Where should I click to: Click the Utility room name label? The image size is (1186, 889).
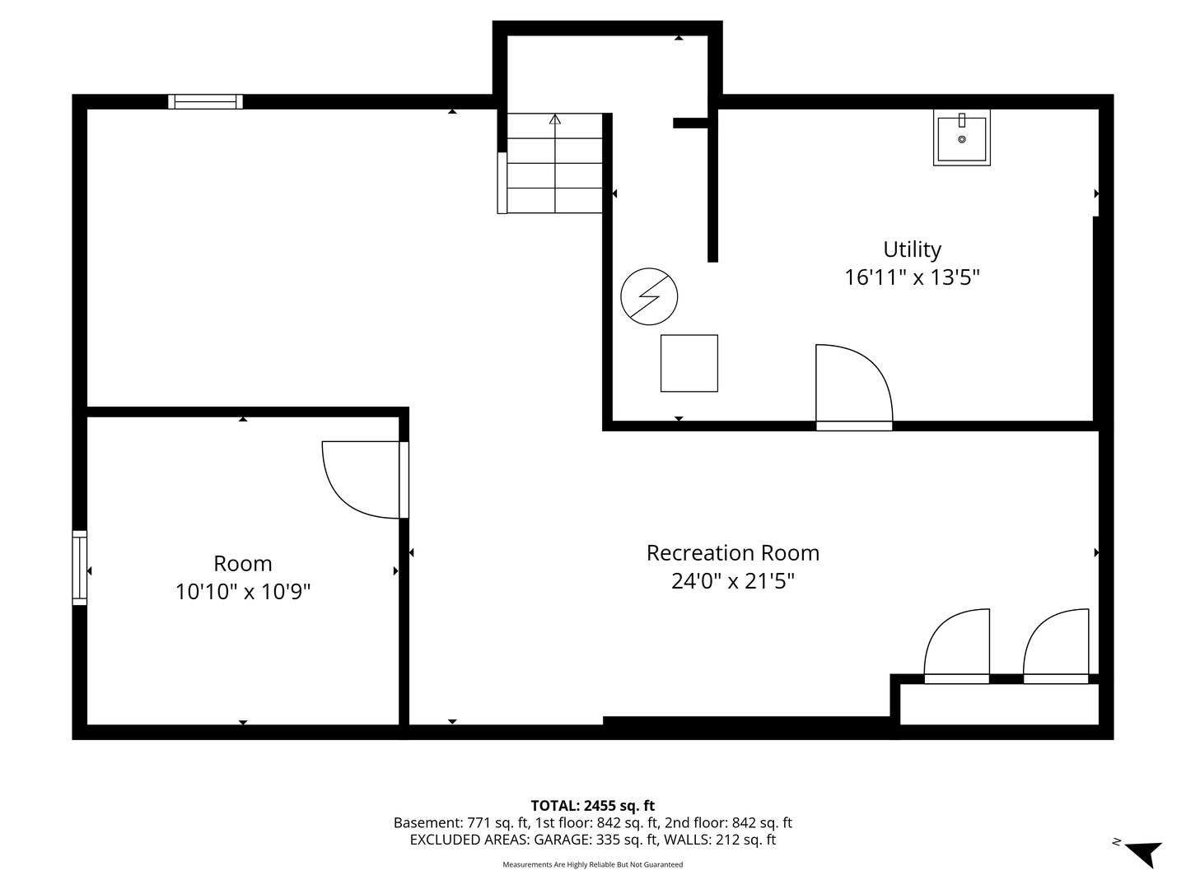[x=912, y=250]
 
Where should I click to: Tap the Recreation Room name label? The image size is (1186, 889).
[x=733, y=553]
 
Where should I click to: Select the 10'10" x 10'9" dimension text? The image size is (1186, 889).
[x=243, y=592]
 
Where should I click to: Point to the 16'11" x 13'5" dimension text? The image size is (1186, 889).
[x=912, y=278]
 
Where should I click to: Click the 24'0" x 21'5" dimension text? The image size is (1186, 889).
[x=733, y=581]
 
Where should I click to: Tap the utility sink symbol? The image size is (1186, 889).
[x=962, y=137]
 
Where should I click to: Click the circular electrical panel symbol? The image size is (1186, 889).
[x=649, y=296]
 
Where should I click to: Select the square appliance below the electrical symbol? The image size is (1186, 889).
[x=689, y=363]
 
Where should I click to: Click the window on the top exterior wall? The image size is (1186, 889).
[x=205, y=101]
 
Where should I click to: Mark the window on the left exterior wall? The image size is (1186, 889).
[x=79, y=567]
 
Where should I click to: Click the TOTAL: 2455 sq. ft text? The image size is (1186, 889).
[x=593, y=806]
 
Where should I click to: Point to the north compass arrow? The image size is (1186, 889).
[x=1146, y=854]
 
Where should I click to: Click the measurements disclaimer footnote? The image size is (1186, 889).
[x=593, y=864]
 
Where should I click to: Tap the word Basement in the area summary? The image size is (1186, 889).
[x=427, y=823]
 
